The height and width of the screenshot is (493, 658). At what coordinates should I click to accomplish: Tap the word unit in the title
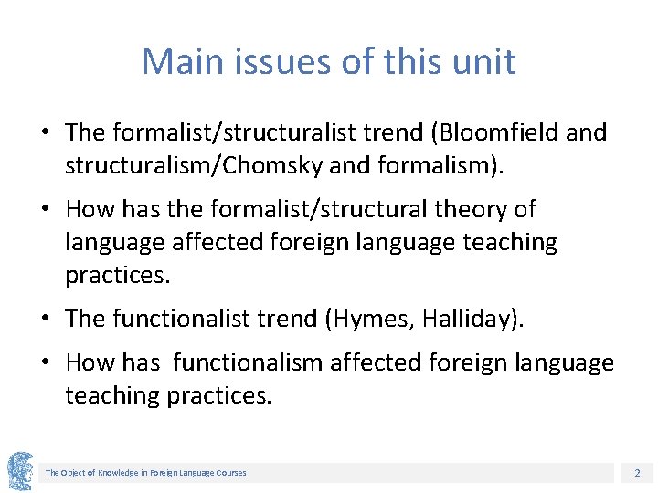[x=484, y=62]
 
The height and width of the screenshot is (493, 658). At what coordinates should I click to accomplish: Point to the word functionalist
[x=181, y=319]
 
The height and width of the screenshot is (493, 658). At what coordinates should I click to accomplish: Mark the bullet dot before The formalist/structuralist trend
[x=44, y=133]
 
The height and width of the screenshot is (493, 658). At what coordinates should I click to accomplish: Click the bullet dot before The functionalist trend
[x=44, y=320]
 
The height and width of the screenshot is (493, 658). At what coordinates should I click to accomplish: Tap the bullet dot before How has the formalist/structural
[x=44, y=210]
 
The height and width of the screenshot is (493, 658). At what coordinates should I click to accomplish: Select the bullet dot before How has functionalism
[x=44, y=363]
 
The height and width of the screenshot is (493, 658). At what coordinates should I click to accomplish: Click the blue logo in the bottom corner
[x=20, y=471]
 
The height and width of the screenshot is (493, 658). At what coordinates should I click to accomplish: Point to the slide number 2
[x=637, y=473]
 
